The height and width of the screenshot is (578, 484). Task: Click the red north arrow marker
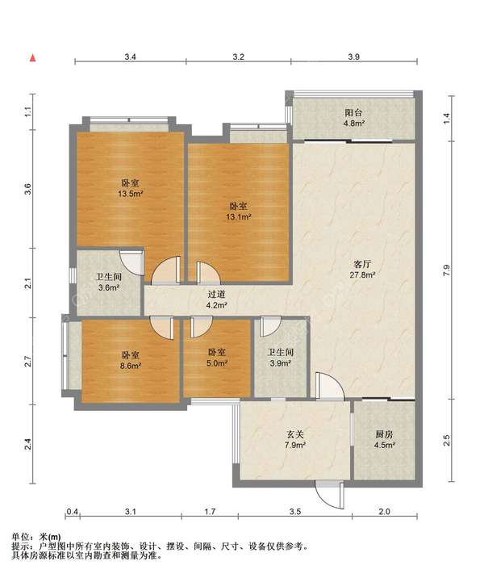(x=33, y=58)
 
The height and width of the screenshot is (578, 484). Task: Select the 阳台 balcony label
(x=353, y=113)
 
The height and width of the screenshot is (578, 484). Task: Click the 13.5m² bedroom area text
(x=131, y=194)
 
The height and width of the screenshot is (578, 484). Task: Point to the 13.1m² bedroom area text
(x=238, y=217)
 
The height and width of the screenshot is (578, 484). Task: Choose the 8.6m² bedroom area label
(x=131, y=366)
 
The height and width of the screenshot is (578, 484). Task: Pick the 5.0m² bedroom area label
(x=217, y=363)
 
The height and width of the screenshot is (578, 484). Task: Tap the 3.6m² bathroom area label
(x=109, y=288)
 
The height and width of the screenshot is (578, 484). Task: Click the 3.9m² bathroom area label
(x=280, y=363)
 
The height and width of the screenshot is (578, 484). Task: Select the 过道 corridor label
(x=216, y=294)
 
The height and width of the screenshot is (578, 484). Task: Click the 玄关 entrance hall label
(x=295, y=434)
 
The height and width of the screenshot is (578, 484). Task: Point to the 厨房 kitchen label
(x=385, y=434)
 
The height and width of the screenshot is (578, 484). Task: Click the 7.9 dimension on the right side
(x=446, y=270)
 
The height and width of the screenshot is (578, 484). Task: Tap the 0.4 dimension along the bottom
(x=72, y=512)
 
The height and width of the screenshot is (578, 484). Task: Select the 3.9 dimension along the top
(x=353, y=57)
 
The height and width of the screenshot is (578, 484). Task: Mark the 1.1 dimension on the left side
(x=30, y=111)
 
